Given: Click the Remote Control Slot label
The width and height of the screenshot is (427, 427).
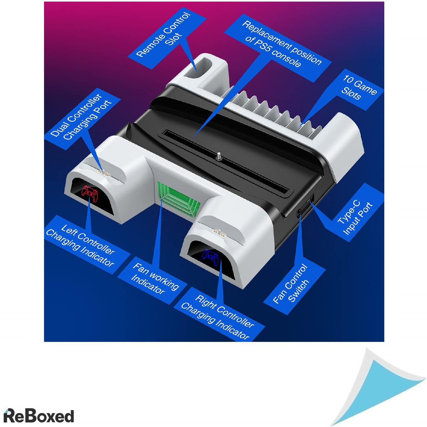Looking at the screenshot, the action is coord(164,35).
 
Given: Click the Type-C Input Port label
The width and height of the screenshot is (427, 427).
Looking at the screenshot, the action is coord(355,218).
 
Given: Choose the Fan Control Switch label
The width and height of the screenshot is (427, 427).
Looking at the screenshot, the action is coord(291,284).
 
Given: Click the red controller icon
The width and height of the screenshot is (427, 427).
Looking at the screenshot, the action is coord(90,194).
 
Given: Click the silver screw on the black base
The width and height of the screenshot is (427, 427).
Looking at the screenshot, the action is coord(219,156).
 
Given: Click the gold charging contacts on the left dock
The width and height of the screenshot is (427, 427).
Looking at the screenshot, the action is coord(104,173).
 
